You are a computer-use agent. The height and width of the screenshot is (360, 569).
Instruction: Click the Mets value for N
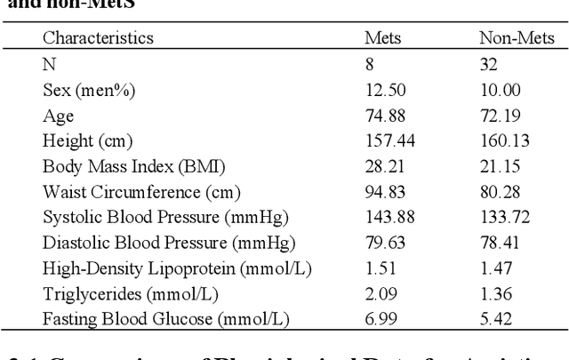tap(370, 64)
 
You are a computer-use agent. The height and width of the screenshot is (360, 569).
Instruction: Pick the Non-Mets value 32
tap(488, 64)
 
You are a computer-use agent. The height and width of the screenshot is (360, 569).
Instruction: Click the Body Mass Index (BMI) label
tap(133, 166)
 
